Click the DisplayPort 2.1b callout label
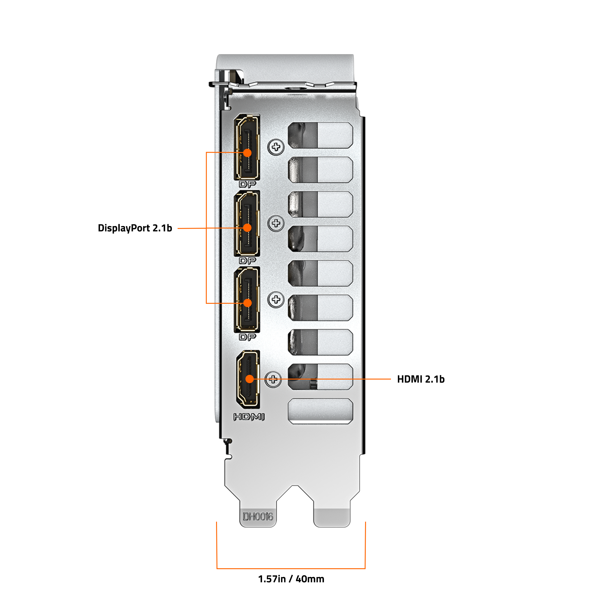pyautogui.click(x=135, y=228)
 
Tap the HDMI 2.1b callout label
pyautogui.click(x=421, y=379)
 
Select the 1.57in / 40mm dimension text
pyautogui.click(x=291, y=579)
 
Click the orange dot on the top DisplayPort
pyautogui.click(x=247, y=153)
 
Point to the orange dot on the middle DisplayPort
pyautogui.click(x=247, y=228)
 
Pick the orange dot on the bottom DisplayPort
pyautogui.click(x=248, y=303)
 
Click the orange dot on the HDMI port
pyautogui.click(x=249, y=379)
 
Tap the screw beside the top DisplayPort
pyautogui.click(x=276, y=147)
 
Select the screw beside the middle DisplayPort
pyautogui.click(x=276, y=223)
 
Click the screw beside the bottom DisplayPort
pyautogui.click(x=276, y=300)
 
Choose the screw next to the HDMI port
pyautogui.click(x=273, y=379)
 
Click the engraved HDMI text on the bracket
pyautogui.click(x=249, y=417)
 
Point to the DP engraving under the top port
pyautogui.click(x=247, y=185)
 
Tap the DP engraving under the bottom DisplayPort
pyautogui.click(x=247, y=337)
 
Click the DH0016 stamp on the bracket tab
pyautogui.click(x=258, y=517)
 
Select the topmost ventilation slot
pyautogui.click(x=320, y=135)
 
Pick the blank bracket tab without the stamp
pyautogui.click(x=332, y=513)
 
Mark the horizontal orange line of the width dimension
pyautogui.click(x=291, y=569)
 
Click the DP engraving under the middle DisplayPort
pyautogui.click(x=247, y=261)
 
